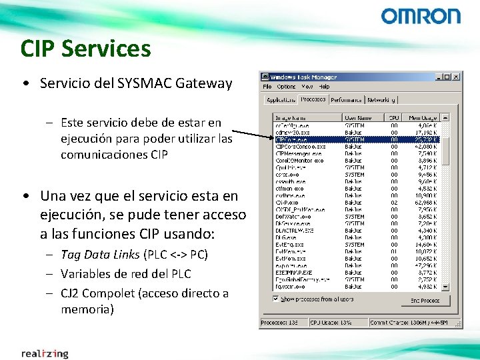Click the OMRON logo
(421, 16)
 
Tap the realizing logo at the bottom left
(45, 353)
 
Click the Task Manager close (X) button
(455, 77)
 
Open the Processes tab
(313, 99)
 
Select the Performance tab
(347, 100)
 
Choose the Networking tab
(381, 100)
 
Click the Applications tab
(281, 100)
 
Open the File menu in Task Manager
(267, 87)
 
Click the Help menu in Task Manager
(324, 87)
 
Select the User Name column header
(357, 118)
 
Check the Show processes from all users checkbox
(276, 299)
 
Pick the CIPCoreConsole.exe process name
(300, 146)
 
